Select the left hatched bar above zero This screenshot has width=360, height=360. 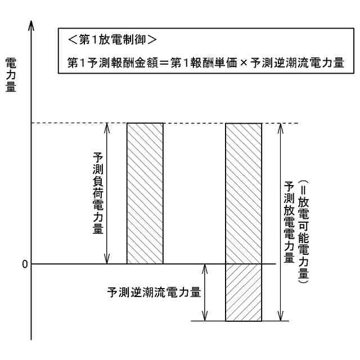pyautogui.click(x=145, y=193)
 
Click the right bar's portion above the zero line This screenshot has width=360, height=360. pyautogui.click(x=244, y=193)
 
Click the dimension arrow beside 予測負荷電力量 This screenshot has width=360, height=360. pyautogui.click(x=107, y=193)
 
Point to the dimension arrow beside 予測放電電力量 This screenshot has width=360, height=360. pyautogui.click(x=280, y=222)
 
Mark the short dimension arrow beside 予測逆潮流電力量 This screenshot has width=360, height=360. pyautogui.click(x=205, y=292)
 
